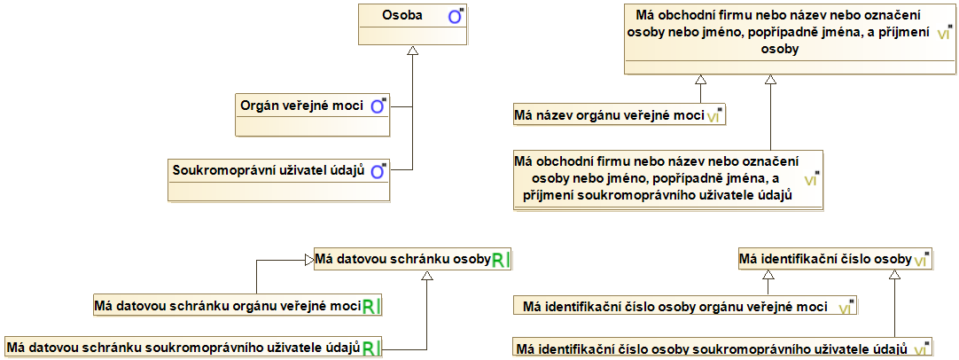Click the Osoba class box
tap(412, 25)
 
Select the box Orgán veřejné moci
tap(313, 114)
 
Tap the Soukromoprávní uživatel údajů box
tap(279, 179)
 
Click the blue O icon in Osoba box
tap(455, 17)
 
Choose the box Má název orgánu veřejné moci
tap(620, 114)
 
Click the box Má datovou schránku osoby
tap(413, 260)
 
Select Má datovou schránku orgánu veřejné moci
tap(241, 305)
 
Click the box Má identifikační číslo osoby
tap(835, 260)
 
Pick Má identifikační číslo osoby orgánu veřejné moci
tap(684, 306)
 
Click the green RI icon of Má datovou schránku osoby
tap(500, 260)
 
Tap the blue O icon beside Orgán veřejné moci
tap(378, 106)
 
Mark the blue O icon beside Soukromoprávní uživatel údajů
tap(378, 171)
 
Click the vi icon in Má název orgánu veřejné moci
tap(713, 115)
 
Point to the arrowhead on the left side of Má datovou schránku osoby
tap(308, 260)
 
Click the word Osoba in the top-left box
tap(403, 15)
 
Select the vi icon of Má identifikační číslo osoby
tap(921, 260)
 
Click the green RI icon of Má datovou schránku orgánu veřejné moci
tap(372, 306)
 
